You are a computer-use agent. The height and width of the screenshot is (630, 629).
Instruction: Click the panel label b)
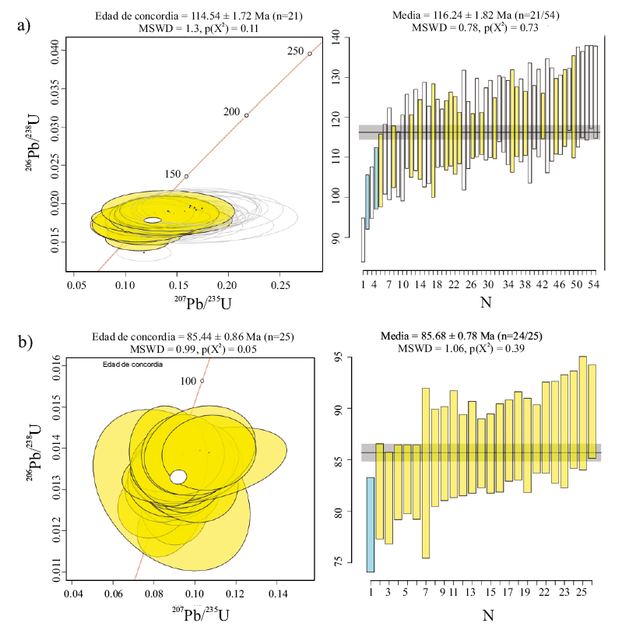[23, 341]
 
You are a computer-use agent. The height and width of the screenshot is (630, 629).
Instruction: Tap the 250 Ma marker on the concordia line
[310, 54]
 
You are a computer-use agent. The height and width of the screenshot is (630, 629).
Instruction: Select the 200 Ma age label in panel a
[231, 111]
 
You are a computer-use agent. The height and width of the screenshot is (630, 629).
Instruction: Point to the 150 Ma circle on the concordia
[186, 177]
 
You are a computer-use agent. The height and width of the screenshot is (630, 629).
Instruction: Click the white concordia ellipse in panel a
[153, 220]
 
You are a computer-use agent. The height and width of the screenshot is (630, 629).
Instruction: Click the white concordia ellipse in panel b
[178, 477]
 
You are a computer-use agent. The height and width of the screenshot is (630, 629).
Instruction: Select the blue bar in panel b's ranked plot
[371, 524]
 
